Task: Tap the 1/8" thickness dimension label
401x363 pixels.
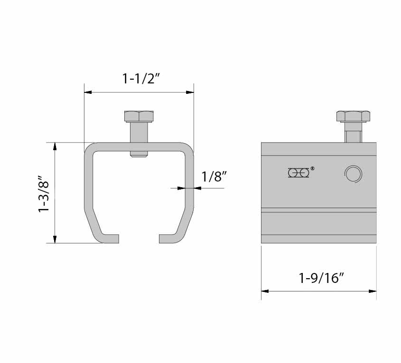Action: (x=214, y=177)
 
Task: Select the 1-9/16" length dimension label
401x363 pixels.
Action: (x=321, y=278)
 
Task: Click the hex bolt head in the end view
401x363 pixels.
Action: (x=139, y=116)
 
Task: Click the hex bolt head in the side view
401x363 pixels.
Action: (x=353, y=116)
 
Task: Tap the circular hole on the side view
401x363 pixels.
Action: (x=352, y=174)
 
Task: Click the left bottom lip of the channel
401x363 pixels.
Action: (x=108, y=238)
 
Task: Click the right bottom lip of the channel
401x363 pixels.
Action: (x=169, y=238)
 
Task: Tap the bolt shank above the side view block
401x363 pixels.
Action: (x=353, y=133)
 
